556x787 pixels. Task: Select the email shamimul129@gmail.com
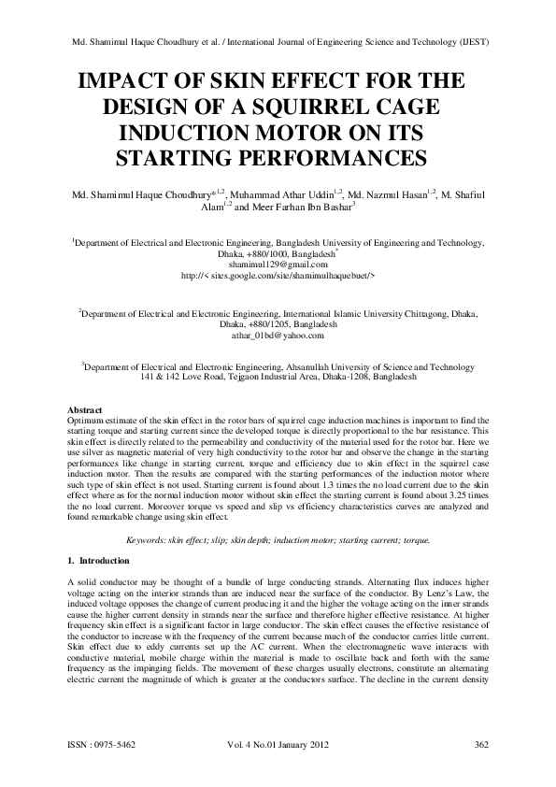278,239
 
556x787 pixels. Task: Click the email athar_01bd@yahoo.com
278,335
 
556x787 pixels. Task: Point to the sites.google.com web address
278,250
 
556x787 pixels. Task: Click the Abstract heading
89,410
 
